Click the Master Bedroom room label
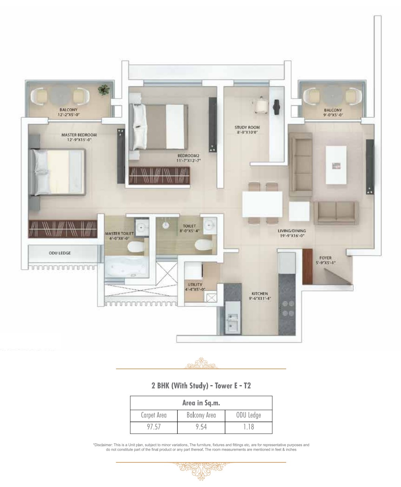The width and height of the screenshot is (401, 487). pyautogui.click(x=79, y=135)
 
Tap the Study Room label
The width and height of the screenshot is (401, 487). pyautogui.click(x=247, y=127)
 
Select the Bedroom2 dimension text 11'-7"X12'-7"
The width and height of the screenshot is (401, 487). pyautogui.click(x=188, y=160)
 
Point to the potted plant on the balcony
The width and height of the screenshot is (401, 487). pyautogui.click(x=103, y=90)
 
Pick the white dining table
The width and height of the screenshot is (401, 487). pyautogui.click(x=262, y=204)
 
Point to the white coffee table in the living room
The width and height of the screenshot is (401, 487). pyautogui.click(x=336, y=165)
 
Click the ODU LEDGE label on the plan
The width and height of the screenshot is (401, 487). pyautogui.click(x=60, y=253)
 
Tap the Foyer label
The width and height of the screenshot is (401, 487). pyautogui.click(x=326, y=258)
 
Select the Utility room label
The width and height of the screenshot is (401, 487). pyautogui.click(x=195, y=284)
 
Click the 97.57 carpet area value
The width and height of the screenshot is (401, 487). pyautogui.click(x=154, y=427)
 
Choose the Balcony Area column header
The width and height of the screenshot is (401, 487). pyautogui.click(x=201, y=415)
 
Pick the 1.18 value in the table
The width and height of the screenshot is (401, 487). pyautogui.click(x=249, y=427)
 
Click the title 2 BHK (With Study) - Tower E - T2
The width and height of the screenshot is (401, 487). pyautogui.click(x=201, y=386)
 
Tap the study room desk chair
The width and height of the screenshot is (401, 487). pyautogui.click(x=261, y=105)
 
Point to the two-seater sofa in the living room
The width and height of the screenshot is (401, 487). pyautogui.click(x=336, y=213)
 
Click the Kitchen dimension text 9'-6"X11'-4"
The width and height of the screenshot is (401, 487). pyautogui.click(x=260, y=298)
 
